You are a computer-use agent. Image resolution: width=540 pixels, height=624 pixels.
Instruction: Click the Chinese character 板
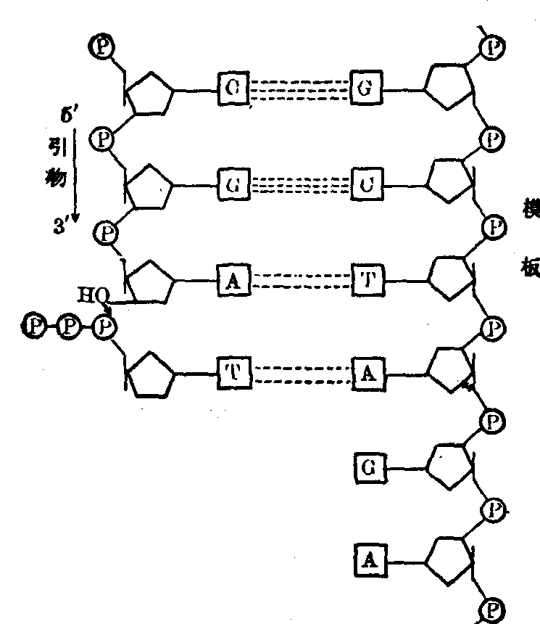(528, 267)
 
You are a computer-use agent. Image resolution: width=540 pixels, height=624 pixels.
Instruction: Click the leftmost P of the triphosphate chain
(34, 325)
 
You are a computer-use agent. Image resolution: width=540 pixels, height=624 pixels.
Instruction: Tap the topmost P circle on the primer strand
(99, 47)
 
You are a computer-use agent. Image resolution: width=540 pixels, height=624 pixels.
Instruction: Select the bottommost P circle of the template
(494, 608)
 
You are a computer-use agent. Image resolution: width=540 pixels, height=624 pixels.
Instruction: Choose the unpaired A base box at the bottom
(369, 559)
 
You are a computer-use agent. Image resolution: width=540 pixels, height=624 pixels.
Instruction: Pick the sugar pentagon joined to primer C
(149, 92)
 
